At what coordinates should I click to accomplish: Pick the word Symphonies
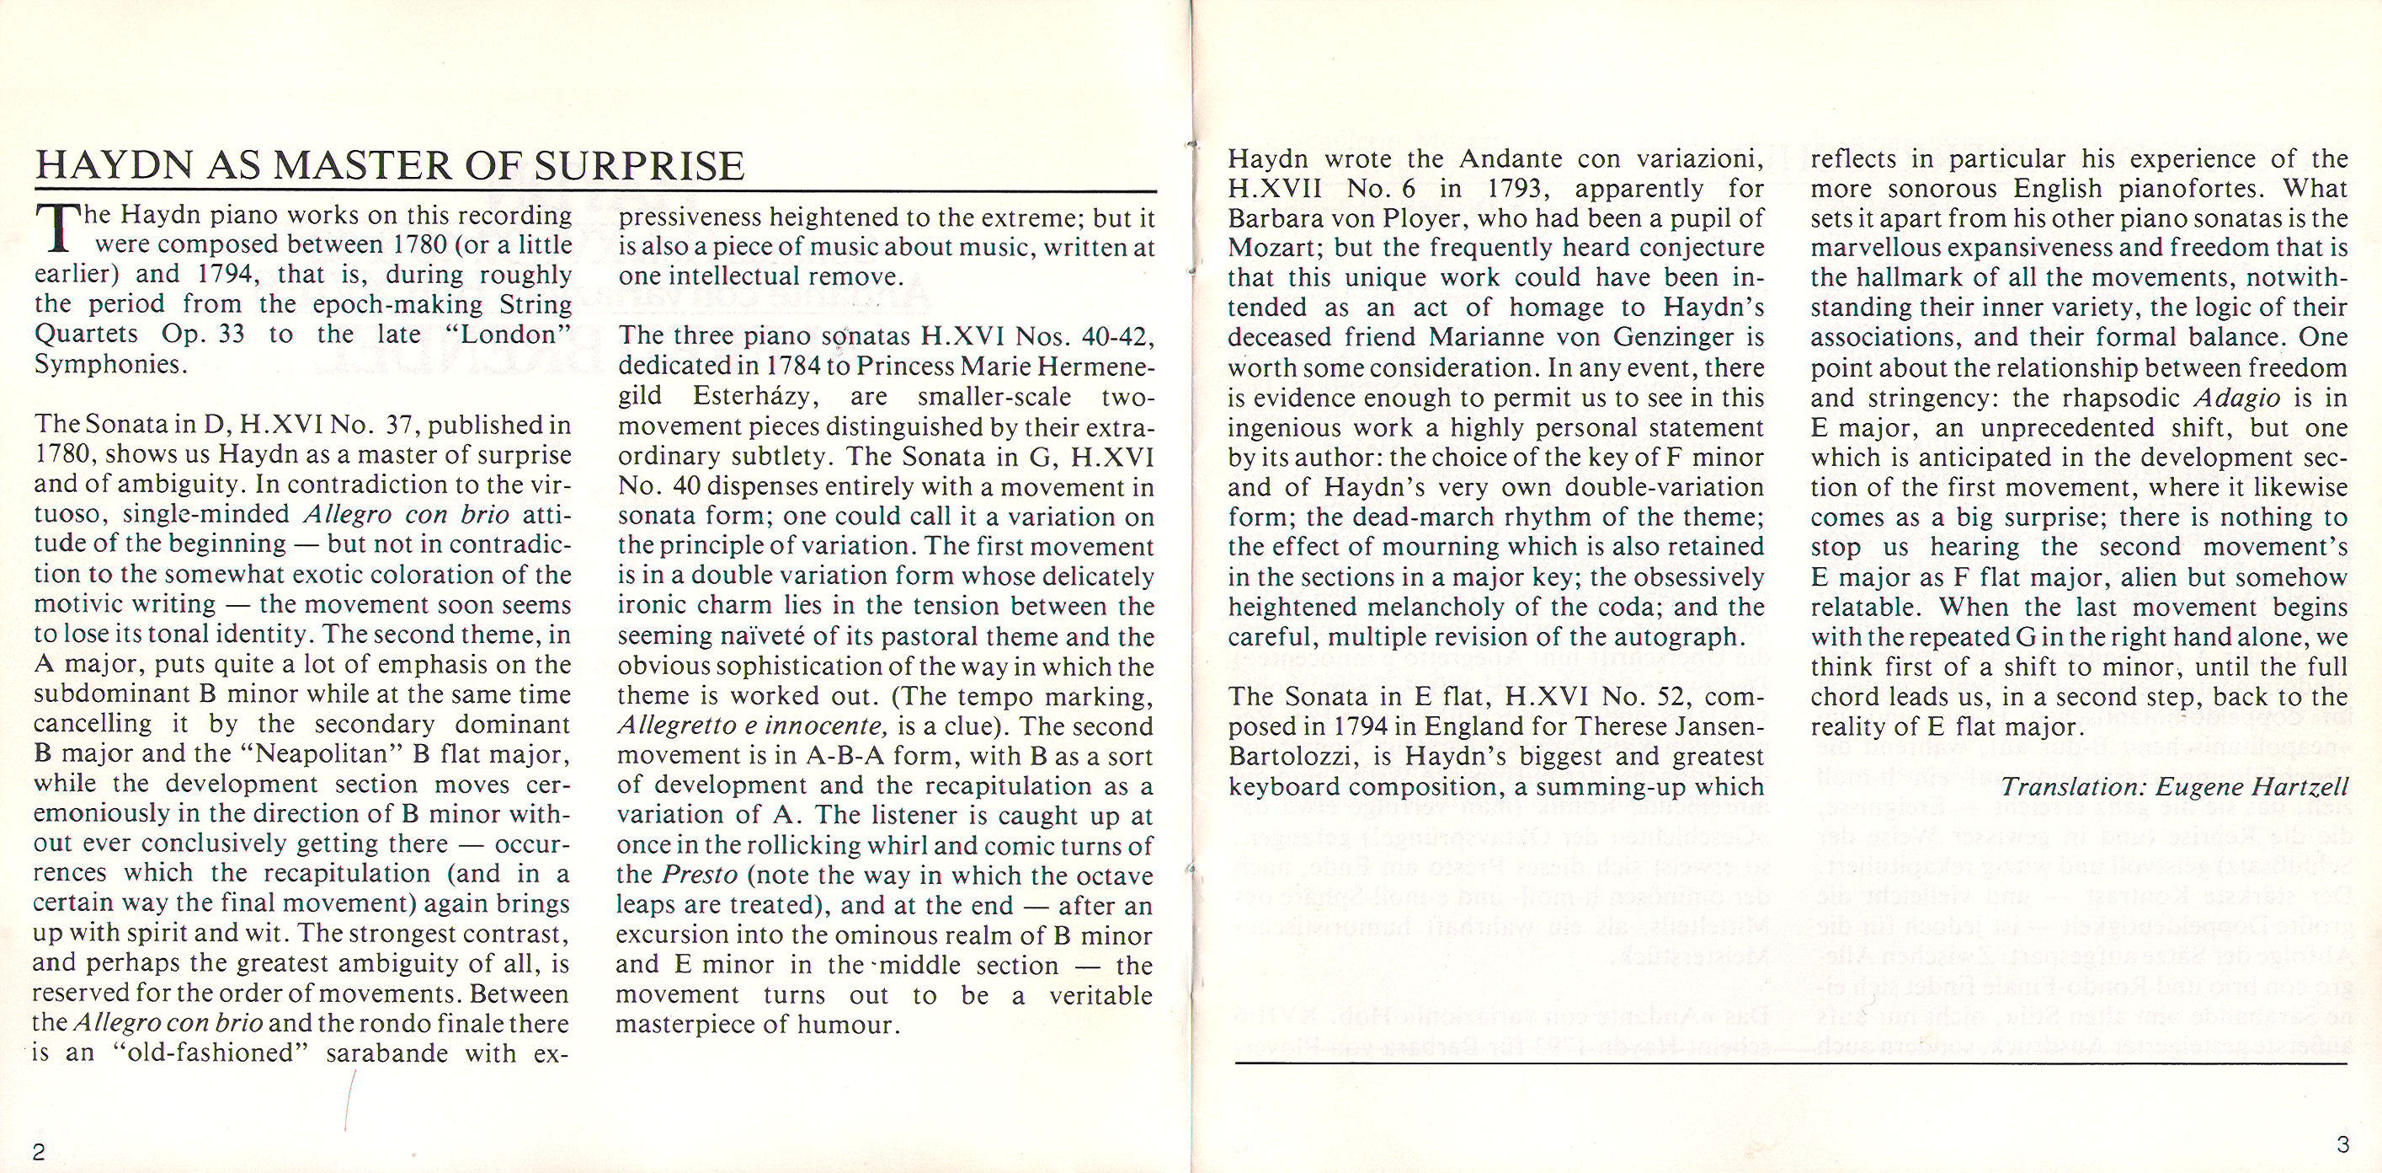pos(110,366)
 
